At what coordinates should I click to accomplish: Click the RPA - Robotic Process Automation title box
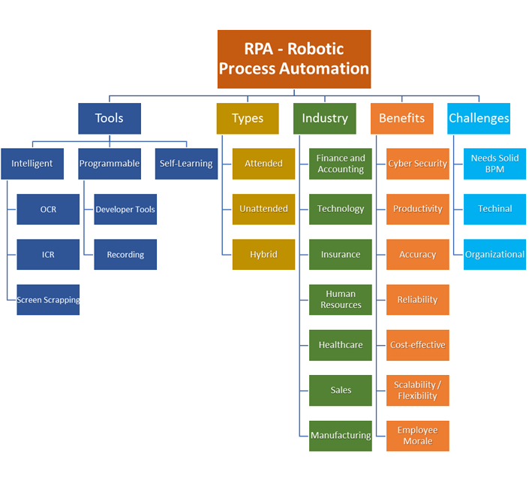294,59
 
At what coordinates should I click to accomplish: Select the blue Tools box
110,119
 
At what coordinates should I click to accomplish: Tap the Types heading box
248,119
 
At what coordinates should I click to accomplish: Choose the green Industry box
325,119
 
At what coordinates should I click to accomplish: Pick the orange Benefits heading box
401,119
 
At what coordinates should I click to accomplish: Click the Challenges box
479,119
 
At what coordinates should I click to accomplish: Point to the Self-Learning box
186,164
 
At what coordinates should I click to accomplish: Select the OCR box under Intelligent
48,209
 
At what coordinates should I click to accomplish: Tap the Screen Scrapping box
48,300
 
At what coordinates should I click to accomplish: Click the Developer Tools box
125,209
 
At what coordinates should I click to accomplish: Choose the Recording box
125,255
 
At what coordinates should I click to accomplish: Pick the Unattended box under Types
263,209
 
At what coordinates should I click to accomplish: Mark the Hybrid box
263,255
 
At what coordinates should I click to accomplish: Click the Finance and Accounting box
341,164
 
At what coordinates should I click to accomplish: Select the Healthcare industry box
341,345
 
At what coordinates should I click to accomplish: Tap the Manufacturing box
341,436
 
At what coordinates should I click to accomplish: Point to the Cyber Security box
418,164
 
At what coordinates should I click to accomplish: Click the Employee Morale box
418,436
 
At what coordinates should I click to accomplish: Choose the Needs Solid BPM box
494,164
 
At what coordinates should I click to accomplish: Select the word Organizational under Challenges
494,255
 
